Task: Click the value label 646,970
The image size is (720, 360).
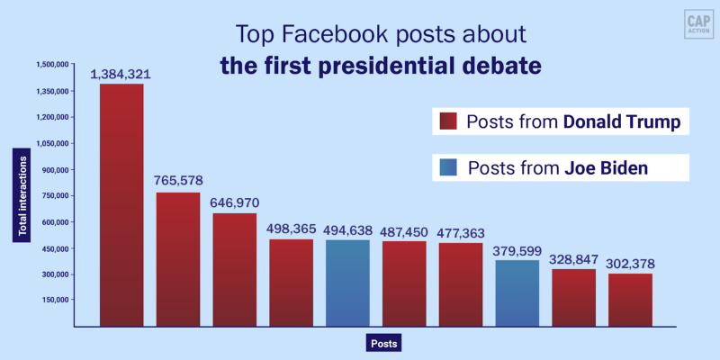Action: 234,203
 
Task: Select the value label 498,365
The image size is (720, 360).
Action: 291,229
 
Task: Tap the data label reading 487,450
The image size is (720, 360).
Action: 404,231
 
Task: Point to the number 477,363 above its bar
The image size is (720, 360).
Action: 461,233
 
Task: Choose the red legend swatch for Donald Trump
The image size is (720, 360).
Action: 447,121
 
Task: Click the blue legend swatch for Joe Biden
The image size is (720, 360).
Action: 447,167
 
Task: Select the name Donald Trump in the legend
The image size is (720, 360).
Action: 621,121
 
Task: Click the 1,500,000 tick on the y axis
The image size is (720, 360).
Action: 52,65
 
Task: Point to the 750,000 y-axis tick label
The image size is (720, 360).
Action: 54,195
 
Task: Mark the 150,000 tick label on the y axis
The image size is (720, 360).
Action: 54,300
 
